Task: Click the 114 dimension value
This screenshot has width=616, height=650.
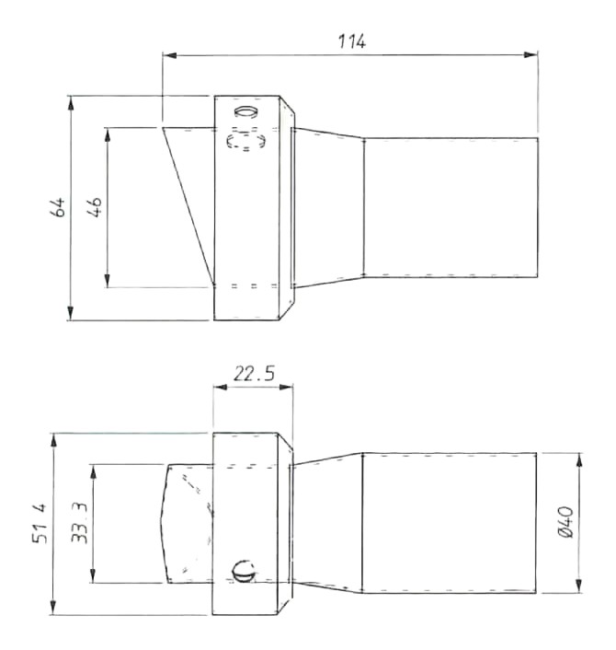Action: [351, 41]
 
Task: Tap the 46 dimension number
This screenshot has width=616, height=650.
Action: [95, 206]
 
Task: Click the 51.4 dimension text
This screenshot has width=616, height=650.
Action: [40, 524]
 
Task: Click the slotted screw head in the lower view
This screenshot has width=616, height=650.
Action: [243, 572]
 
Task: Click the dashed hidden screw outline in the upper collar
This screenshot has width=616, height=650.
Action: [246, 142]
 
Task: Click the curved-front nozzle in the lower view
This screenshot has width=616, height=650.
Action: [188, 523]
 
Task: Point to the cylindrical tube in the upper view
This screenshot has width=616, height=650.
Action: [451, 207]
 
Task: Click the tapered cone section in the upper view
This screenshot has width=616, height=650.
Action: [328, 207]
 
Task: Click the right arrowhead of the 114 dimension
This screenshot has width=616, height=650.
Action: [532, 55]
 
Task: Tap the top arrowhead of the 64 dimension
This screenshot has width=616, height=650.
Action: [71, 100]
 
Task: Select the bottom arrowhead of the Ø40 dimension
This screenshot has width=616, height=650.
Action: [578, 588]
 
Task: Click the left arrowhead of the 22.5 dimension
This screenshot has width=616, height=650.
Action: [219, 387]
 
